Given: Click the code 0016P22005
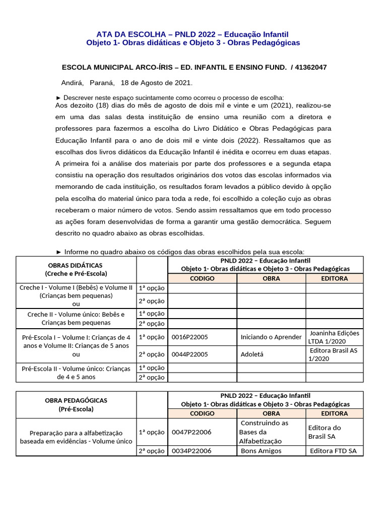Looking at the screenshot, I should click(x=190, y=337).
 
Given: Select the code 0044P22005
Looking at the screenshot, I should click(x=190, y=354).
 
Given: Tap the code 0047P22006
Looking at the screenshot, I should click(x=191, y=432).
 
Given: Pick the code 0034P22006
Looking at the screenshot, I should click(x=191, y=451).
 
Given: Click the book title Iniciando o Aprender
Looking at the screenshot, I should click(x=271, y=337).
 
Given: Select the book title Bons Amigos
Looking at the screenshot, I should click(x=261, y=451).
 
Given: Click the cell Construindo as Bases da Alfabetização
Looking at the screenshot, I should click(x=264, y=432).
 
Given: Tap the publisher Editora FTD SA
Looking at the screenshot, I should click(x=333, y=451).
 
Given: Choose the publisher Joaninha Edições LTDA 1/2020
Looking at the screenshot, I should click(x=334, y=337).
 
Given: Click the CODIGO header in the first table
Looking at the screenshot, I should click(x=202, y=278).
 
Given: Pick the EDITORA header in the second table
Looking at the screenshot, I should click(x=334, y=413).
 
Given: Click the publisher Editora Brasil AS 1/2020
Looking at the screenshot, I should click(x=334, y=354).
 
